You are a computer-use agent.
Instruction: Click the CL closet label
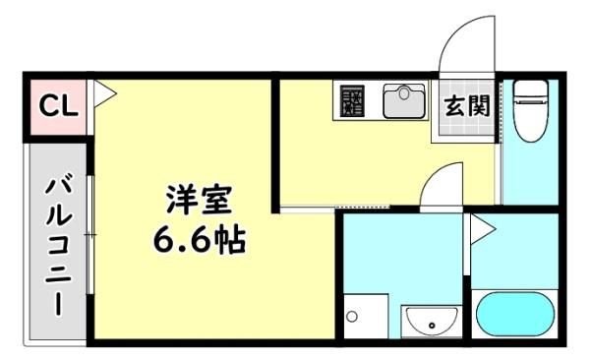tap(59, 106)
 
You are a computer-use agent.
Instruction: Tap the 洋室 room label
tap(199, 200)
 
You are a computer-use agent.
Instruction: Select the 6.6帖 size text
tap(200, 240)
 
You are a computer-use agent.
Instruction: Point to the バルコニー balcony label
tap(58, 247)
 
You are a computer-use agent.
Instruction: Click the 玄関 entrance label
tap(467, 106)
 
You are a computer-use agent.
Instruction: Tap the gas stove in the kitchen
tap(353, 101)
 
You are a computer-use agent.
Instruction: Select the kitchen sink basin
tap(404, 101)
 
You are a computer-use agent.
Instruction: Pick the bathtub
tap(515, 314)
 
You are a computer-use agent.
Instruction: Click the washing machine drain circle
tap(352, 317)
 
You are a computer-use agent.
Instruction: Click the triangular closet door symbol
tap(104, 93)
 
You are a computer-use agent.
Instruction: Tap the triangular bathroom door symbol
tap(483, 229)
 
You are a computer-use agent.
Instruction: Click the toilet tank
tap(531, 90)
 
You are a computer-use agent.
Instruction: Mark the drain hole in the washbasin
tap(432, 326)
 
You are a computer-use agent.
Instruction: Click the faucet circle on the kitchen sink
tap(404, 92)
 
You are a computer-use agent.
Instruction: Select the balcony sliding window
tap(89, 235)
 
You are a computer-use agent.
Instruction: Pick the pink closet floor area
tap(58, 106)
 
